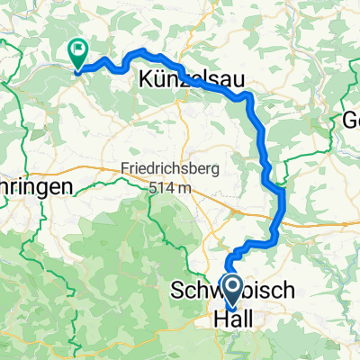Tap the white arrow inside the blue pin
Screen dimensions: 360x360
pyautogui.click(x=231, y=290)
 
